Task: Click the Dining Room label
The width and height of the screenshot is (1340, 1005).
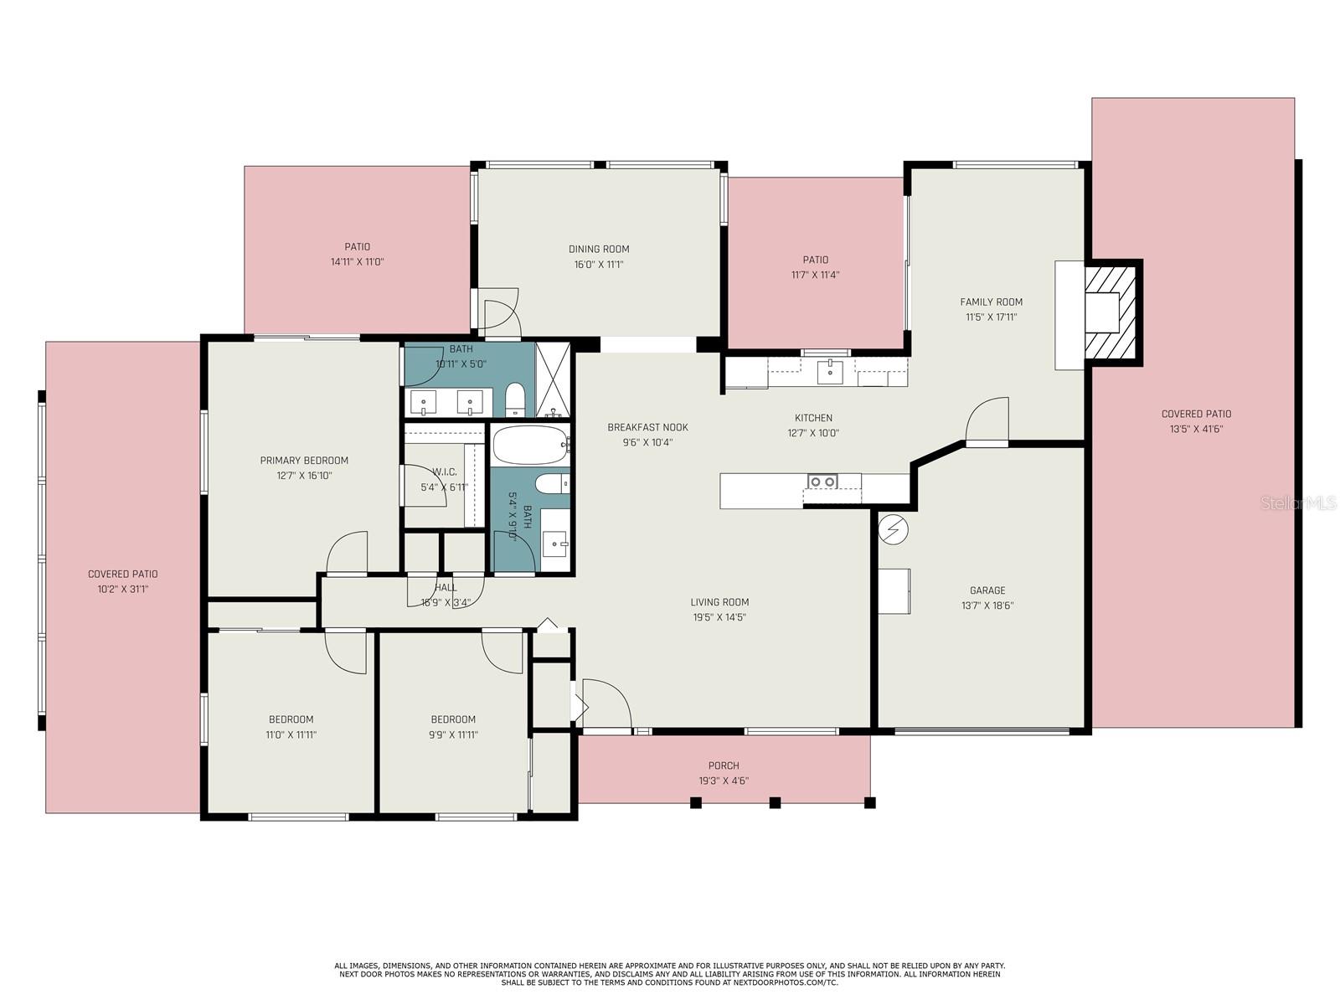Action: tap(598, 249)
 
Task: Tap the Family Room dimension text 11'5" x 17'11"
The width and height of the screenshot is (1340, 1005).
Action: tap(991, 317)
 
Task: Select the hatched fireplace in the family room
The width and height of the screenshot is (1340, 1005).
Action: tap(1109, 312)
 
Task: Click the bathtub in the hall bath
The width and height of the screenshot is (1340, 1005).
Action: tap(530, 445)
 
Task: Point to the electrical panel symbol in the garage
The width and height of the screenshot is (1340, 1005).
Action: tap(893, 529)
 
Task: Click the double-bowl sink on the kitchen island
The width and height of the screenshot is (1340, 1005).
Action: tap(822, 482)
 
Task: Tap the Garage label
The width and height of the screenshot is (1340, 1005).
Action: tap(987, 590)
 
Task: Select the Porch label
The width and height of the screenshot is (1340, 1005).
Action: tap(724, 765)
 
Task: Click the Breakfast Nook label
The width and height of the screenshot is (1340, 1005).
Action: tap(647, 427)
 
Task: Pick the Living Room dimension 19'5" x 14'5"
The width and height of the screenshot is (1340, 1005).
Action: tap(719, 617)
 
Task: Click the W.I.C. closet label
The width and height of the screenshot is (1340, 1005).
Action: tap(445, 472)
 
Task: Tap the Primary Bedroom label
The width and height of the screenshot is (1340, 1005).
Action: tap(304, 460)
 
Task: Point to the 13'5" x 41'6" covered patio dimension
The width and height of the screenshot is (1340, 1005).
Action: tap(1196, 428)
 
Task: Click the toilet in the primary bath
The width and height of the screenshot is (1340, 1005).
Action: tap(514, 399)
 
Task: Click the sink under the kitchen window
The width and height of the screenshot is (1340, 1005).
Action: tap(830, 371)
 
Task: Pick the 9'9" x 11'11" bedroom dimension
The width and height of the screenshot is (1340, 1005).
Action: tap(453, 734)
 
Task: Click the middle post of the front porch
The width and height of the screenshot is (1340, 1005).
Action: tap(775, 802)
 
